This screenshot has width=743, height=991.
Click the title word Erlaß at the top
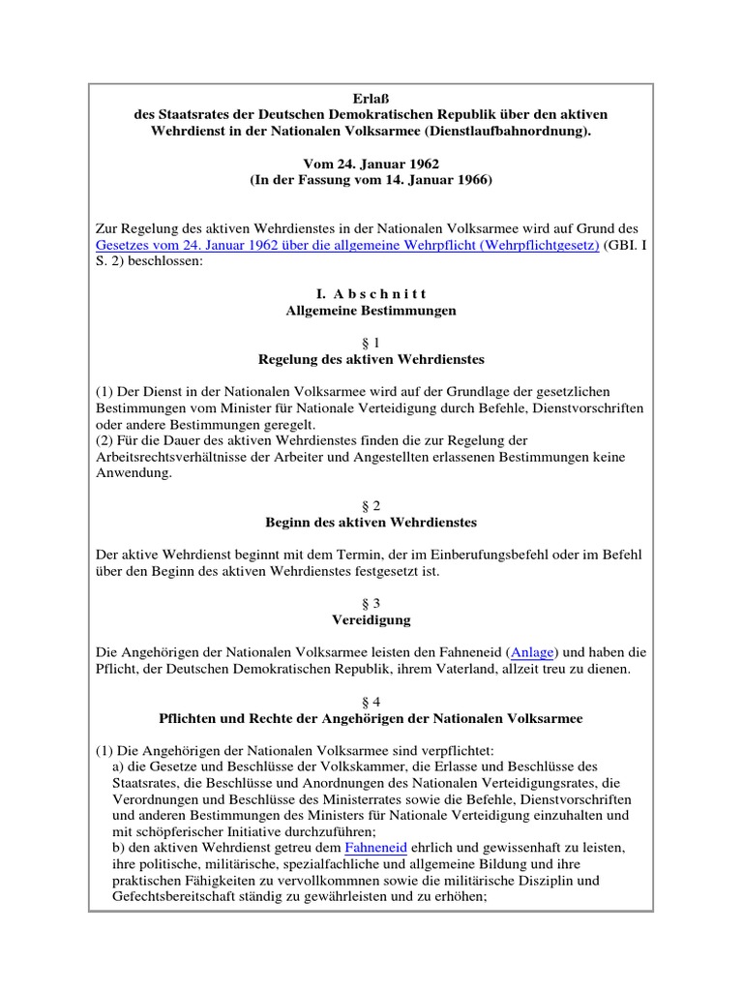(371, 98)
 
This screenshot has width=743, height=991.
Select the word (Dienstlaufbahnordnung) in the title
(509, 131)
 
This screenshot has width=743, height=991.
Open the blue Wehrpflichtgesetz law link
(347, 246)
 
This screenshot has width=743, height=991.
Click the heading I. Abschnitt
(371, 294)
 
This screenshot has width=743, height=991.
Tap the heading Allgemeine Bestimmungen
(371, 311)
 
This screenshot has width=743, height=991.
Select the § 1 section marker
(371, 343)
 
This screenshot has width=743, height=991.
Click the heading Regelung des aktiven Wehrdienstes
(371, 359)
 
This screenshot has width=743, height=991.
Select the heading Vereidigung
(371, 619)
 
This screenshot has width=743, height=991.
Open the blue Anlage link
(532, 652)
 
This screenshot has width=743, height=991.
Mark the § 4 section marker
(371, 702)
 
